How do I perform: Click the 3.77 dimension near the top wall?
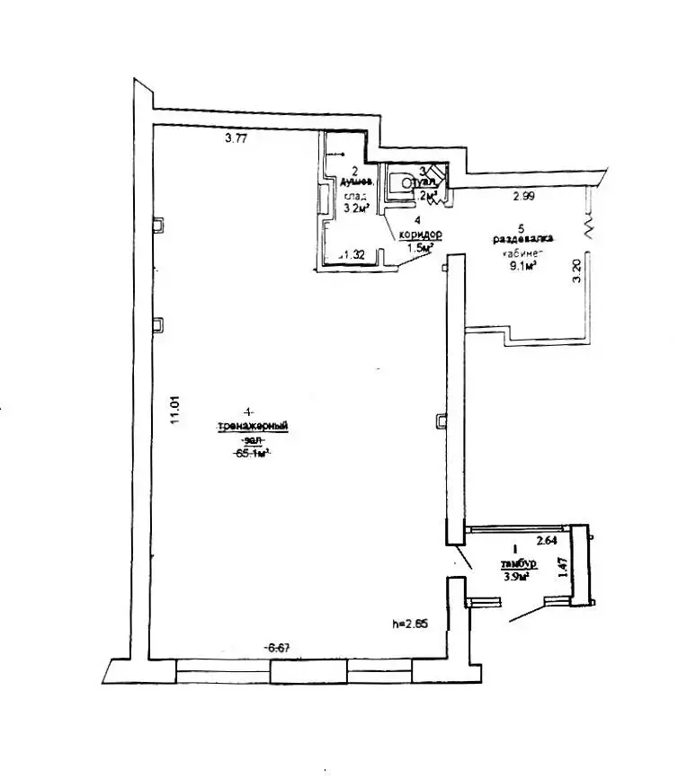(236, 139)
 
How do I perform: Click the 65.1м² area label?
(253, 454)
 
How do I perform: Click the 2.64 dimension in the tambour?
(548, 541)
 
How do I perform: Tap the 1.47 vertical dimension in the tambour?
(561, 570)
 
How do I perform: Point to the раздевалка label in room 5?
(522, 240)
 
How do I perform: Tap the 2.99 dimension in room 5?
(524, 197)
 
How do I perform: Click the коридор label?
(416, 232)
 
